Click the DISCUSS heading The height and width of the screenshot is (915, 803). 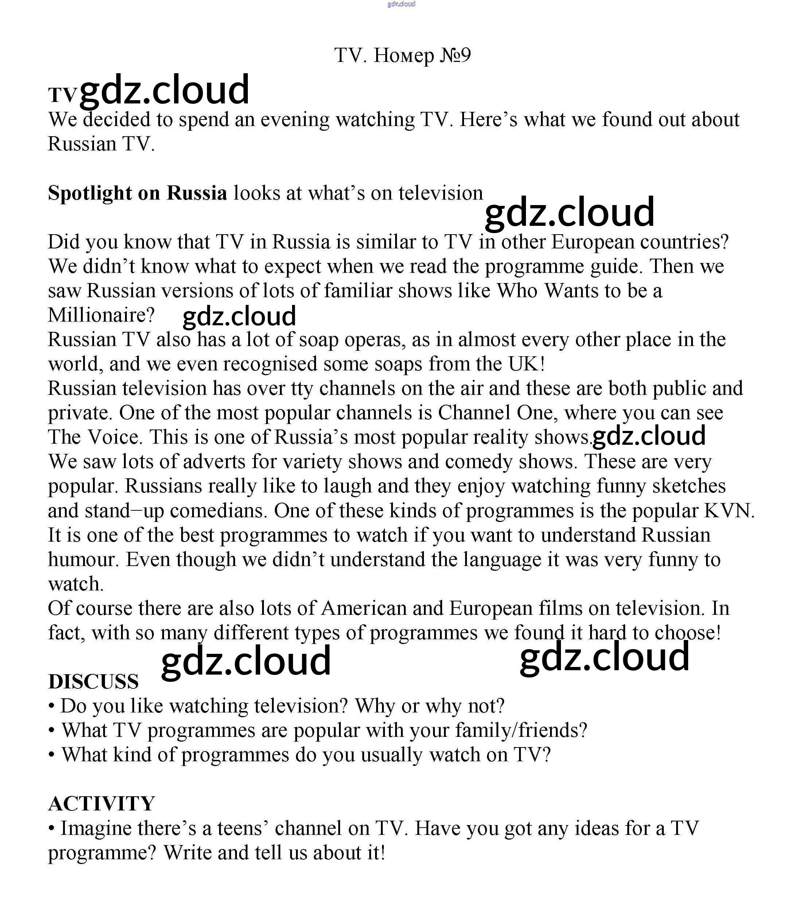tap(93, 681)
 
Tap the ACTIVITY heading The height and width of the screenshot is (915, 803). tap(101, 804)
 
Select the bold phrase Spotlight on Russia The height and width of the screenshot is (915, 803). tap(137, 193)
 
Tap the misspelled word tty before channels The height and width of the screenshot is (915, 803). tap(302, 389)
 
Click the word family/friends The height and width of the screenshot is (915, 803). tap(521, 731)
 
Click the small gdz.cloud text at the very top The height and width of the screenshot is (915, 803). tap(401, 4)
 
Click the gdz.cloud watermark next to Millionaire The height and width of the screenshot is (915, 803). tap(239, 316)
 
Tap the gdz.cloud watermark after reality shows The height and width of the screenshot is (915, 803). tap(648, 436)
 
